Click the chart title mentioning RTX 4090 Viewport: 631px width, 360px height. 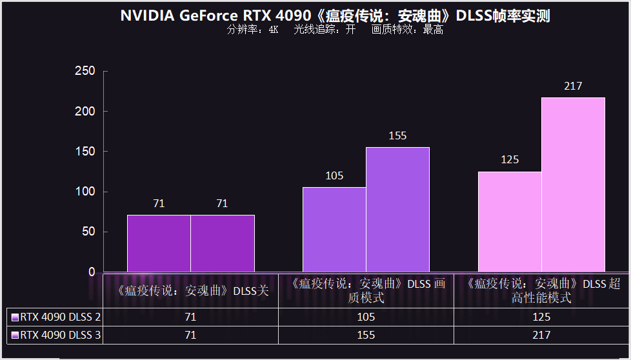coord(335,16)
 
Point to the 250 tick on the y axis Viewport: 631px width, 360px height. coord(85,71)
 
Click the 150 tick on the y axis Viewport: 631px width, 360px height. coord(85,152)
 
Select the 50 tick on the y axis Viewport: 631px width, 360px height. coord(88,232)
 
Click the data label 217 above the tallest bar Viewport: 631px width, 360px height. coord(573,86)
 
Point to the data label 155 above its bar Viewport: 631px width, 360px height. coord(397,136)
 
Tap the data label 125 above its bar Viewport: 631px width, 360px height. coord(510,160)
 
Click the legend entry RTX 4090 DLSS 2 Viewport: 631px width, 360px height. coord(56,317)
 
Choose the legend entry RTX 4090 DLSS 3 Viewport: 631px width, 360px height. coord(56,335)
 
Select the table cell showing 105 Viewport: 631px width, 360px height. coord(366,317)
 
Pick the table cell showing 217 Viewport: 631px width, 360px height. coord(541,335)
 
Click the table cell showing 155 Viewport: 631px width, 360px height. coord(366,335)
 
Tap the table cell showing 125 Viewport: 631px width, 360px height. coord(541,317)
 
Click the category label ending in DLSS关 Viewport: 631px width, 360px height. coord(191,290)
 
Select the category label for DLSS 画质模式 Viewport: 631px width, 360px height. coord(366,290)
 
